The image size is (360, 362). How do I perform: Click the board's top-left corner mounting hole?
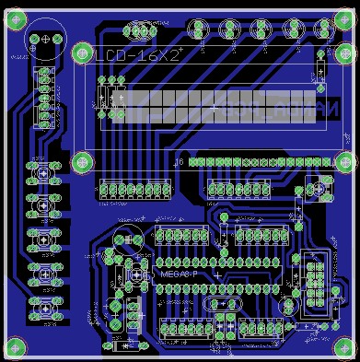[16, 16]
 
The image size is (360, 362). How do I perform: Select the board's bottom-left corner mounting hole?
[16, 347]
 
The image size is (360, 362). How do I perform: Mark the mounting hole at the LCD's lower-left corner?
[82, 160]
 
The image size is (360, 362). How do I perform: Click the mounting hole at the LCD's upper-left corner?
[82, 53]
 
